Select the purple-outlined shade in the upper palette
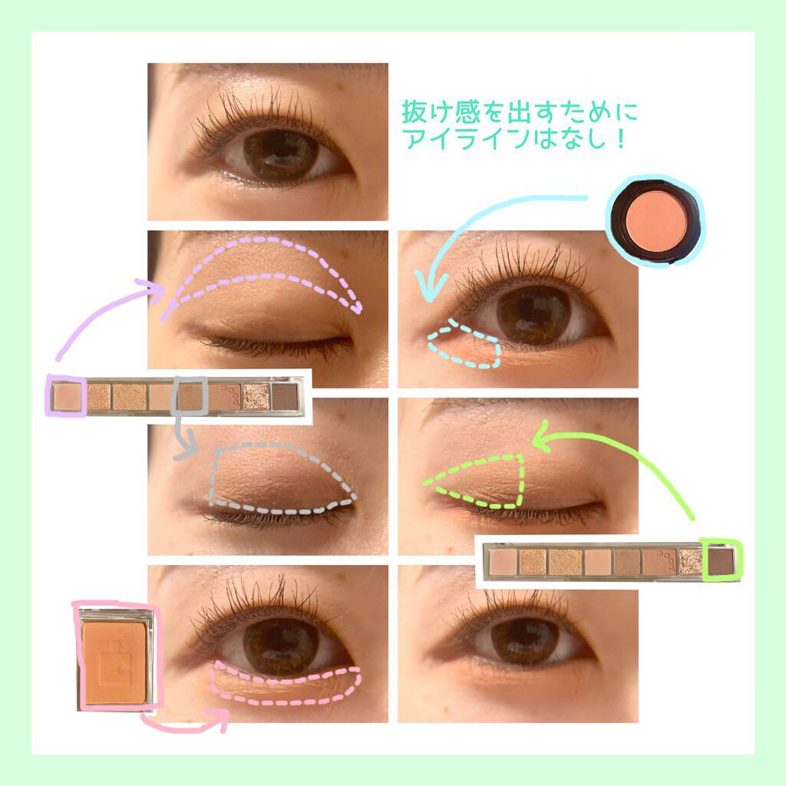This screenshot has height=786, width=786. tap(65, 396)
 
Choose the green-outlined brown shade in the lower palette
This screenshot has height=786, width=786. tap(721, 561)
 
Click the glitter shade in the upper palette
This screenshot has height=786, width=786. tap(256, 397)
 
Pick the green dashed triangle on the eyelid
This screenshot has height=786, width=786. tap(480, 480)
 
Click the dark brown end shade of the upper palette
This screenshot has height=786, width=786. tap(285, 397)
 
